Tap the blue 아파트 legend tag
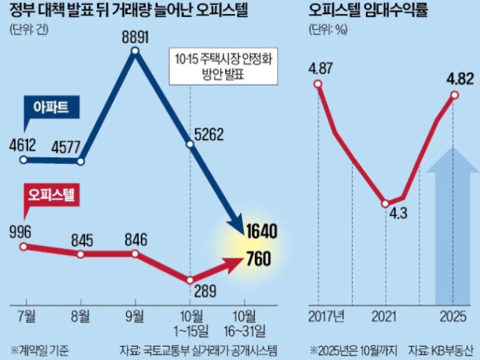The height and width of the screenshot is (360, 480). [51, 108]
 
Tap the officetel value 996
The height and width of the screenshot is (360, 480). [22, 231]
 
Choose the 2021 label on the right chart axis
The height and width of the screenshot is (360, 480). [384, 315]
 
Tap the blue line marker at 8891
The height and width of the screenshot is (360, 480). [136, 51]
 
